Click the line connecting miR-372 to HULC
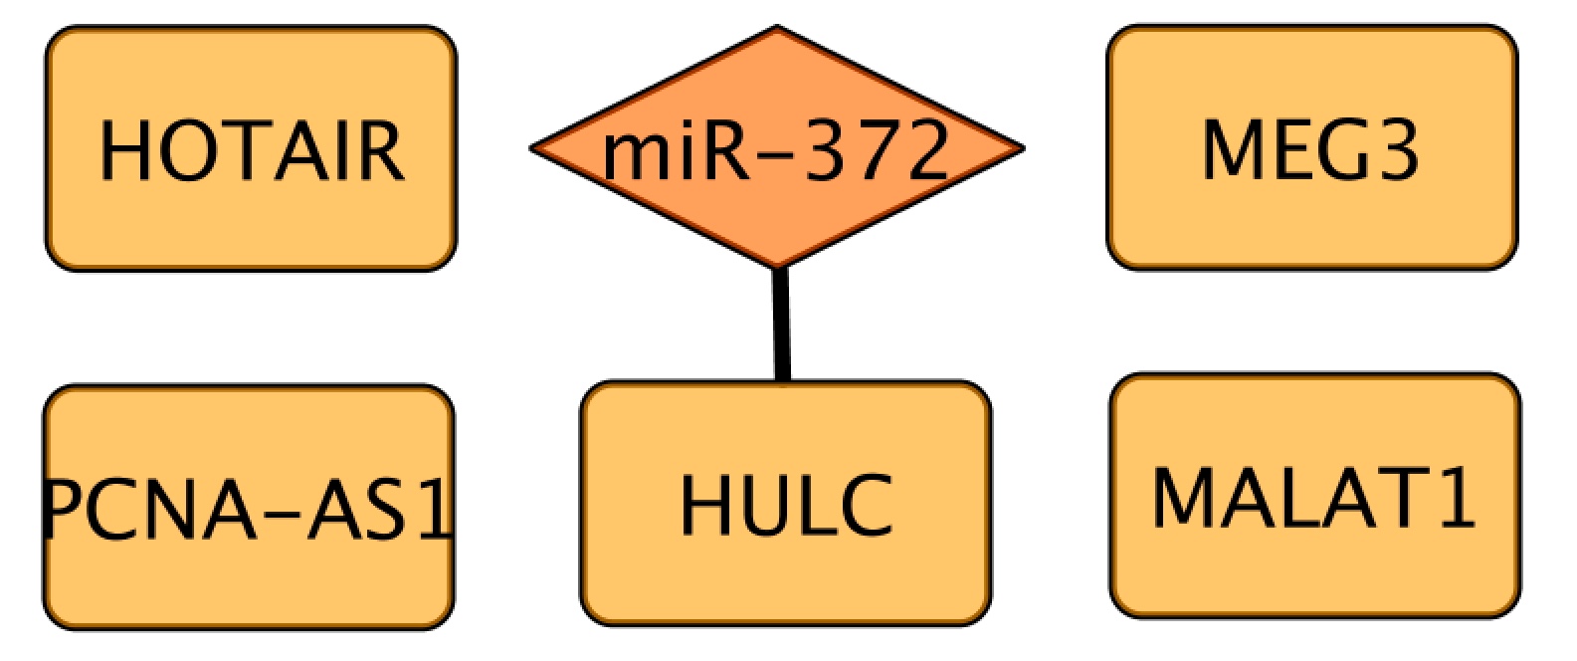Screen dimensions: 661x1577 782,325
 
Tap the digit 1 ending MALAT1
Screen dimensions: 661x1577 1458,497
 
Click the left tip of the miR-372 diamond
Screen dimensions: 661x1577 533,149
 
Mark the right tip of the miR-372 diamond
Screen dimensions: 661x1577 1021,149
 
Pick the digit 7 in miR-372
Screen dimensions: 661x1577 875,151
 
